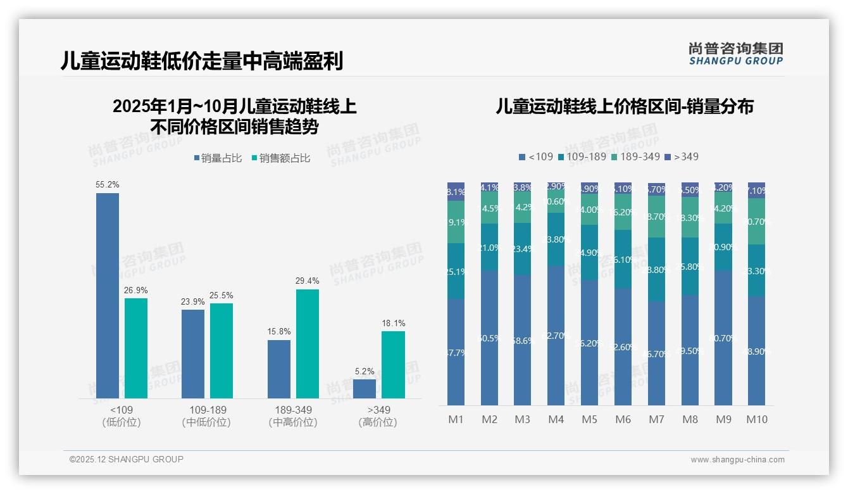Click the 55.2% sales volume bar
click(108, 295)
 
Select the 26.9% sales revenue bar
click(136, 348)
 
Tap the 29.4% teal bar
click(308, 343)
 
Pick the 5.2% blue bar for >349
click(365, 388)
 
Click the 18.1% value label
click(394, 323)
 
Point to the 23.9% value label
click(193, 301)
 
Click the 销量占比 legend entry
click(218, 158)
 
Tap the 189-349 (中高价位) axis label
click(293, 416)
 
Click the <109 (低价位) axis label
click(121, 416)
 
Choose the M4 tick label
click(556, 419)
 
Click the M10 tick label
click(757, 419)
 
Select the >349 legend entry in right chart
click(682, 156)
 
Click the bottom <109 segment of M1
click(456, 352)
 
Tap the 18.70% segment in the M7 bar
click(656, 217)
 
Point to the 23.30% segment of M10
click(757, 270)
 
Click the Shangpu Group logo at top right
click(735, 54)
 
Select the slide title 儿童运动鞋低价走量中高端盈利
click(202, 61)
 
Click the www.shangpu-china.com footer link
click(737, 460)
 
